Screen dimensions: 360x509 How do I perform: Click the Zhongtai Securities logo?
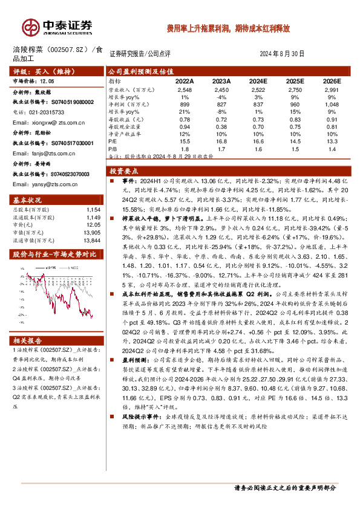click(58, 27)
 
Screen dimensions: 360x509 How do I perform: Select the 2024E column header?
click(258, 80)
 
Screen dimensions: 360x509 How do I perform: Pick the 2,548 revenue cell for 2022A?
click(185, 89)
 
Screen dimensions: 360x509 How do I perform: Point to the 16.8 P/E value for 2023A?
click(221, 140)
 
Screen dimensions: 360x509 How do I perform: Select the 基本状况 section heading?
click(28, 199)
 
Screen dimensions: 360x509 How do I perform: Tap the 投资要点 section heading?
click(123, 171)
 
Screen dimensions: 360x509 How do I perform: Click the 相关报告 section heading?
click(28, 340)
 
